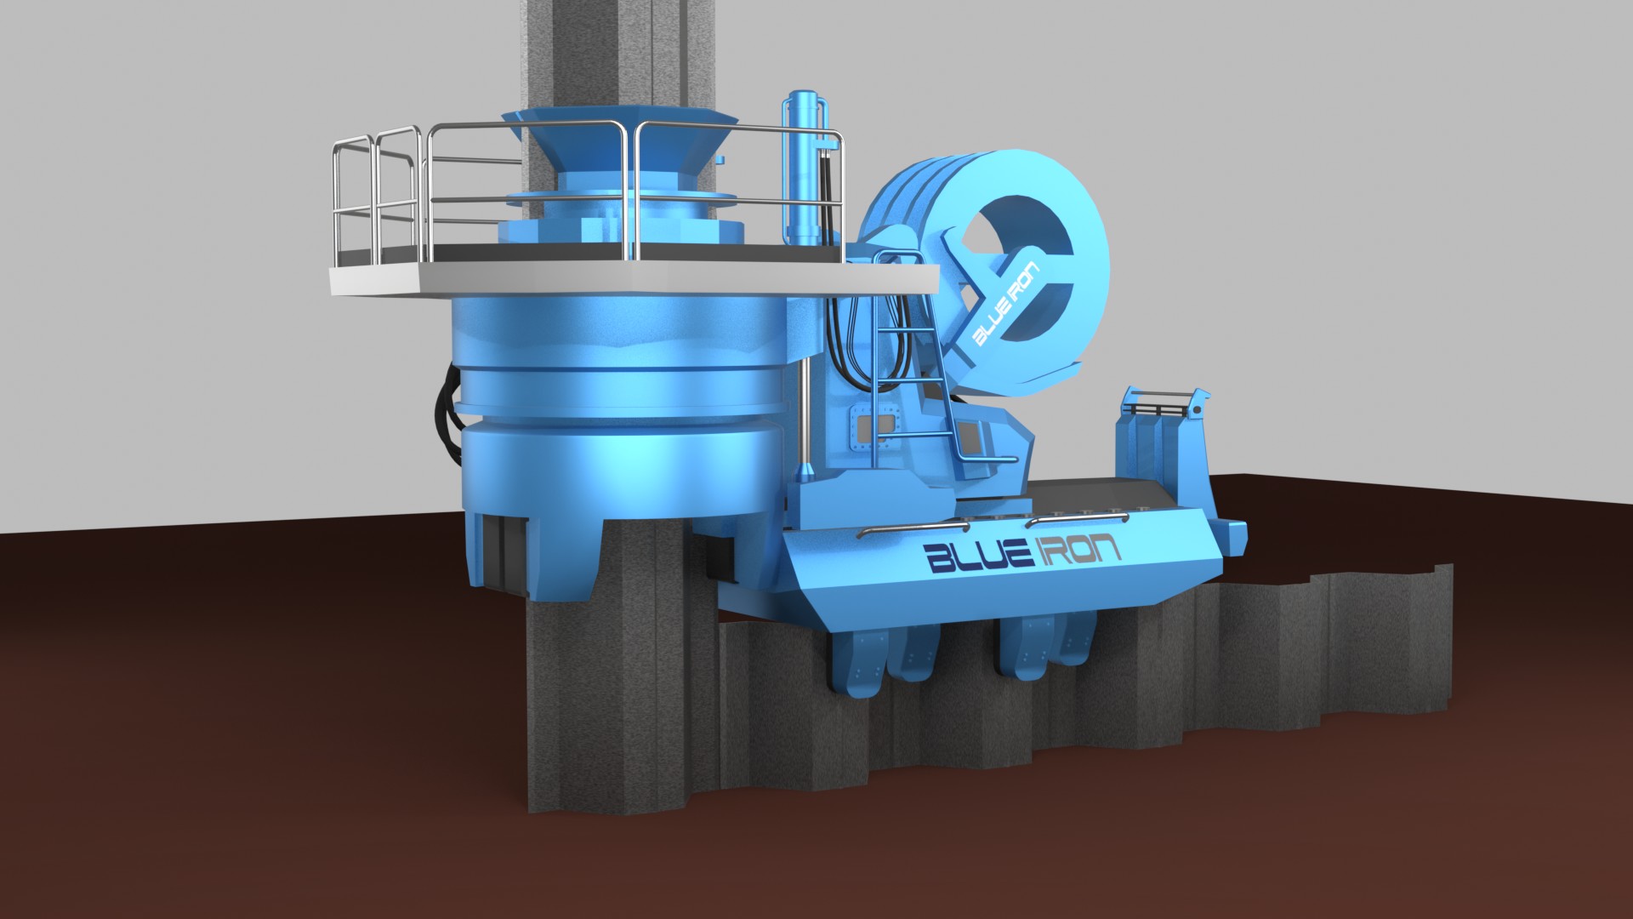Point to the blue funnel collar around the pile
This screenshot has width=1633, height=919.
pyautogui.click(x=618, y=145)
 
